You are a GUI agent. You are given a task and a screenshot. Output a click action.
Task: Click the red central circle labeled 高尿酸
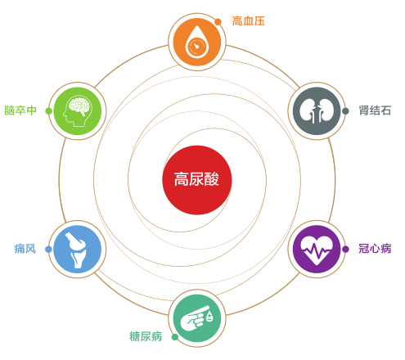[197, 180]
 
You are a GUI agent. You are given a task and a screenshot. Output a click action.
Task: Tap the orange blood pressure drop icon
[197, 42]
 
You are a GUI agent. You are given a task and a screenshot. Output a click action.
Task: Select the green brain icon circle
[78, 111]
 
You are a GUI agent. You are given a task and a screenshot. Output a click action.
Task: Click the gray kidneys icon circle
[317, 111]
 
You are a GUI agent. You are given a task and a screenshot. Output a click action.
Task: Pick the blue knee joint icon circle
[78, 249]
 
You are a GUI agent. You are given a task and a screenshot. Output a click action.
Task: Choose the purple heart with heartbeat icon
[317, 249]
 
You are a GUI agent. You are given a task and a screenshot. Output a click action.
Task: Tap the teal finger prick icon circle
[197, 318]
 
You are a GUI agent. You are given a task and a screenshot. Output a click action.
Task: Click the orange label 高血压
[248, 21]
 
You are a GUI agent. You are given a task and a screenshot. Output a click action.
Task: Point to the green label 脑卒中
[20, 110]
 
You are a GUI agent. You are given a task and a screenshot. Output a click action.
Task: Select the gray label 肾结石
[375, 110]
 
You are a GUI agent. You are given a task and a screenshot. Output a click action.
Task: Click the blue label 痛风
[25, 249]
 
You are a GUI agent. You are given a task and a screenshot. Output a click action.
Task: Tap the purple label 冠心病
[375, 249]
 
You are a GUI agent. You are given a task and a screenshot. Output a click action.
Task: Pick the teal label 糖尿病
[146, 336]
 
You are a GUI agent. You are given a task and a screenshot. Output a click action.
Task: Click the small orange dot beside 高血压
[218, 22]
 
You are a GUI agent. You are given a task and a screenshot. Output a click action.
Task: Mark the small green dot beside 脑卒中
[49, 111]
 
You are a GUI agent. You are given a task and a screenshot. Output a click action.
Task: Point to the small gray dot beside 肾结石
[345, 111]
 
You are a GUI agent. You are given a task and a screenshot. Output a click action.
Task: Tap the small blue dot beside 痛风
[48, 249]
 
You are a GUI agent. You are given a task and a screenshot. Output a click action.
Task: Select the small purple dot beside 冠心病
[345, 249]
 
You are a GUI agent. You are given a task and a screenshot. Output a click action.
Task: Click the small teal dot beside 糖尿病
[175, 337]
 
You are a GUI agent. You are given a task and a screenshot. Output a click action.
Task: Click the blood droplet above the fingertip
[209, 317]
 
